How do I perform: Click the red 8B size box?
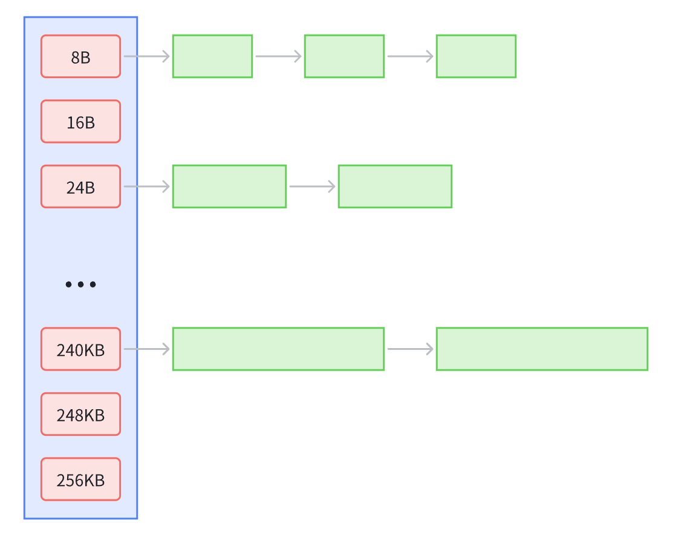pyautogui.click(x=80, y=56)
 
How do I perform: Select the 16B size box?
pyautogui.click(x=80, y=121)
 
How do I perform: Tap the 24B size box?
pyautogui.click(x=80, y=186)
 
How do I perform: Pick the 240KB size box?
pyautogui.click(x=80, y=349)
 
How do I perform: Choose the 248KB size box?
pyautogui.click(x=80, y=414)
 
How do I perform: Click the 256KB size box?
pyautogui.click(x=80, y=479)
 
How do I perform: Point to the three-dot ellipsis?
pyautogui.click(x=80, y=285)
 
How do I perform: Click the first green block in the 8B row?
pyautogui.click(x=212, y=56)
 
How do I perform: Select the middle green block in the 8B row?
pyautogui.click(x=344, y=56)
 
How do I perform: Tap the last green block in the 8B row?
pyautogui.click(x=477, y=56)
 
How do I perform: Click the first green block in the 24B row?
pyautogui.click(x=229, y=186)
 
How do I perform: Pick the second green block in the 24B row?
pyautogui.click(x=395, y=186)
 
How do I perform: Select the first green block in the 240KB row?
pyautogui.click(x=278, y=349)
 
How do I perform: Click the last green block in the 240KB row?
pyautogui.click(x=542, y=349)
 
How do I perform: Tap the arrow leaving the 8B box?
pyautogui.click(x=146, y=56)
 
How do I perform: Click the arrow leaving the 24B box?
pyautogui.click(x=146, y=186)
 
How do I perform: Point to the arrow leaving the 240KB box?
pyautogui.click(x=146, y=349)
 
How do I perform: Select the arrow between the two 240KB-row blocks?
pyautogui.click(x=411, y=349)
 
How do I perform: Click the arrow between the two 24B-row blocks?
pyautogui.click(x=312, y=186)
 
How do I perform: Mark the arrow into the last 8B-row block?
pyautogui.click(x=411, y=56)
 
